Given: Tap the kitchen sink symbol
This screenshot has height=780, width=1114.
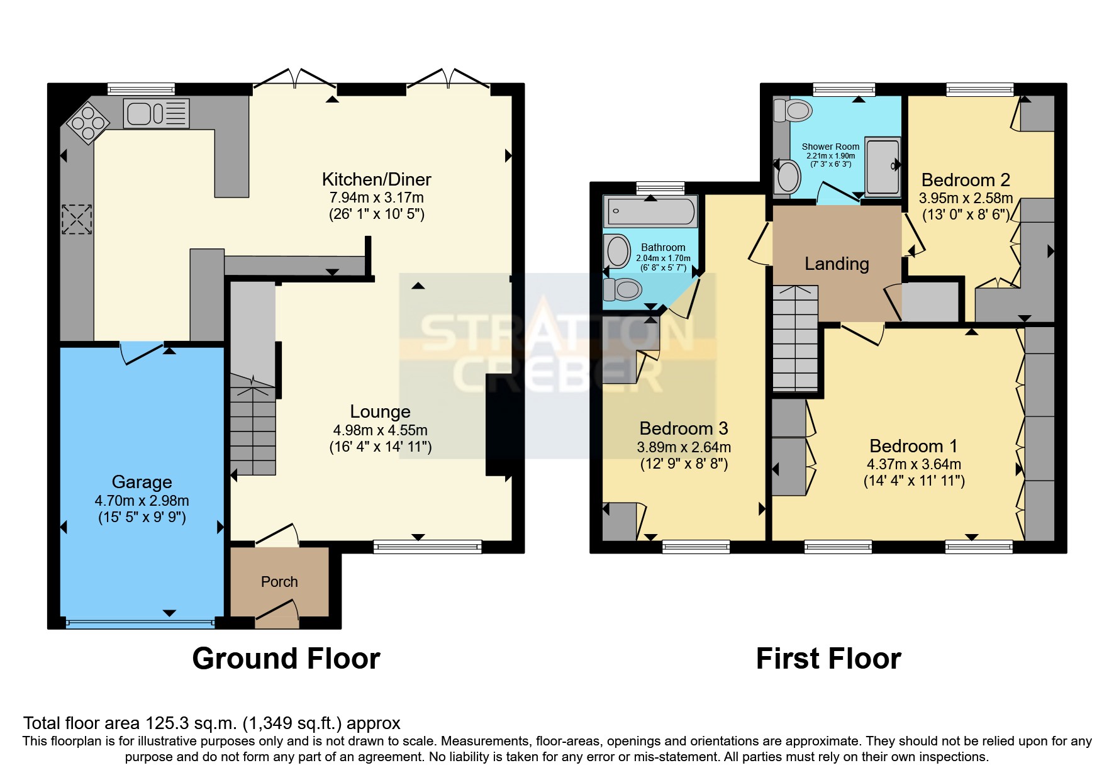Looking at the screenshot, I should [x=156, y=113].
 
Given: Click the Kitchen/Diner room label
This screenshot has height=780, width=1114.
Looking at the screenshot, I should [x=376, y=180].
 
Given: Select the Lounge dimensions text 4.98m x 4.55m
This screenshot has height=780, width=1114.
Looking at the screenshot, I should [x=380, y=430].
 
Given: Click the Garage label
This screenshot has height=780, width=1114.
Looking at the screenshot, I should [x=142, y=482].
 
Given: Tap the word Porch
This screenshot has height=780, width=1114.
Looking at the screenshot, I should [x=279, y=582].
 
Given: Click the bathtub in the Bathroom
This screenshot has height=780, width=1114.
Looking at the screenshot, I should [x=650, y=211].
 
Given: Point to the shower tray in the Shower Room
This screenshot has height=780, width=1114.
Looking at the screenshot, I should [x=883, y=167].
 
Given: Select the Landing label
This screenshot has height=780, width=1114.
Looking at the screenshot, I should [x=837, y=264].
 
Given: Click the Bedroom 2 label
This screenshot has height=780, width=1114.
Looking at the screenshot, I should [x=965, y=181].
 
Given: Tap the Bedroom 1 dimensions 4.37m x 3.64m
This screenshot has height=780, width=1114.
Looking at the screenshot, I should [x=913, y=464].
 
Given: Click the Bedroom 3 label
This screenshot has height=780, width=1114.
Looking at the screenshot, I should [x=683, y=428].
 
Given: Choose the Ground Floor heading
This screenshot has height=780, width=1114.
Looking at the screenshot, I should [x=286, y=659].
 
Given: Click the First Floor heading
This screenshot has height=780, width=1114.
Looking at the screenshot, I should [x=828, y=659].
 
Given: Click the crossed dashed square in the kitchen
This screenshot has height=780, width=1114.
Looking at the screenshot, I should [x=77, y=220].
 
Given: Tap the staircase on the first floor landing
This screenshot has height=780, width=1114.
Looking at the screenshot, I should [x=795, y=340].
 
